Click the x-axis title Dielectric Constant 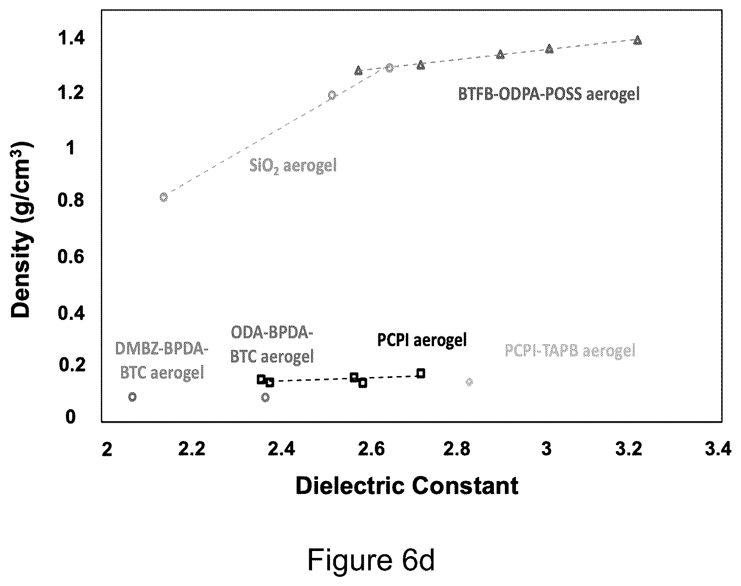407,486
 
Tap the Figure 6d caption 371,561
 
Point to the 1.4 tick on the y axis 71,38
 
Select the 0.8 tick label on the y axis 71,200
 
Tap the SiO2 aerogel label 293,166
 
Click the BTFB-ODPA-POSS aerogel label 549,94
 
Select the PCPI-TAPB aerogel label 570,351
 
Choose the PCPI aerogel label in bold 422,340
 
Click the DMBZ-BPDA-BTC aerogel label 162,361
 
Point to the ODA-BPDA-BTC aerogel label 272,344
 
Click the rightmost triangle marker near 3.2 638,41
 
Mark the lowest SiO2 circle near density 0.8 164,197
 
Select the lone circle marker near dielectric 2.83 469,382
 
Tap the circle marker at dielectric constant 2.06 132,397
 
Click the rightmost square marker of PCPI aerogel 421,373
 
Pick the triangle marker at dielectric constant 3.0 549,49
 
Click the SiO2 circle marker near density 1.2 331,95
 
